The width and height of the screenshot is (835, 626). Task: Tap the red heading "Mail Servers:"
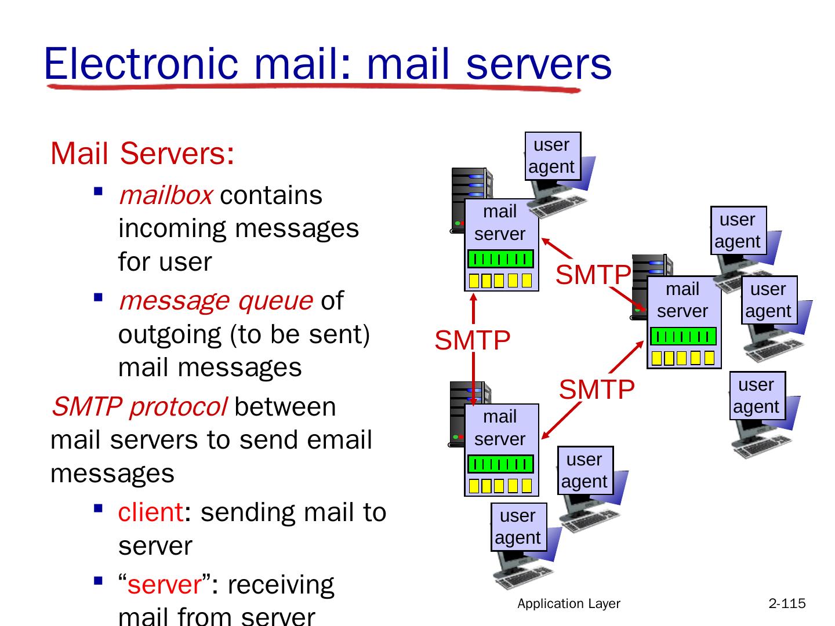(x=142, y=154)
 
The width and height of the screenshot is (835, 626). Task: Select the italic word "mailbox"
(x=165, y=195)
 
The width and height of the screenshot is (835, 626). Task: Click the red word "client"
(x=150, y=512)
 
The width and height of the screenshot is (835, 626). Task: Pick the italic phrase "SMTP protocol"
(x=139, y=407)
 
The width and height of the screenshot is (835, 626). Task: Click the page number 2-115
(x=787, y=603)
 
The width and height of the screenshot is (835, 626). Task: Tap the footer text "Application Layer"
(x=569, y=603)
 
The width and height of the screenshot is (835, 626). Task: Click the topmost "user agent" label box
(x=552, y=155)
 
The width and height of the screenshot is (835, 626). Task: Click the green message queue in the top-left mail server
(x=500, y=259)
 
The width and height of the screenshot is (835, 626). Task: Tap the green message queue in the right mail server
(x=683, y=336)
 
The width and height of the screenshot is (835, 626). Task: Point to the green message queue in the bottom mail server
(x=500, y=464)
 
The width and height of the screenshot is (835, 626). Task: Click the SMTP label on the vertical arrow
(x=472, y=340)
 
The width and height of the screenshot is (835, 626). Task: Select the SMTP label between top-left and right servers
(x=593, y=275)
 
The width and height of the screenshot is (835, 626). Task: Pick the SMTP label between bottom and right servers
(x=597, y=390)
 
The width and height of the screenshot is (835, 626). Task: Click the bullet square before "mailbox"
(x=98, y=190)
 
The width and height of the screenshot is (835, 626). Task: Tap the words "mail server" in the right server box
(x=682, y=300)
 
